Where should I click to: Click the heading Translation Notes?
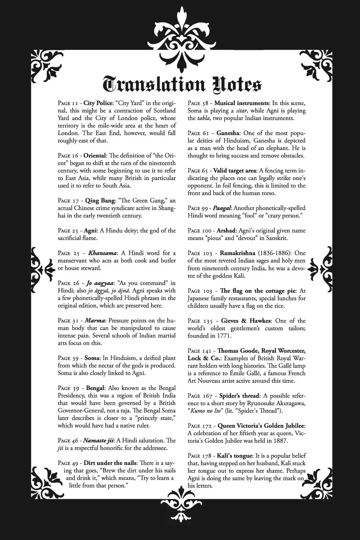click(x=182, y=84)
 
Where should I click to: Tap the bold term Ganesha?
click(x=228, y=133)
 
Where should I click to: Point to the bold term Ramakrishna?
click(x=237, y=253)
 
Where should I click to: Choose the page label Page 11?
click(x=69, y=103)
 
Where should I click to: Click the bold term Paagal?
click(x=222, y=208)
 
